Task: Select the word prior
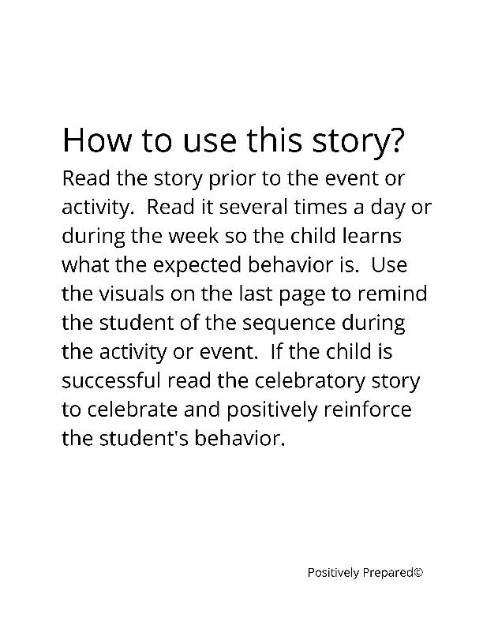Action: click(x=228, y=179)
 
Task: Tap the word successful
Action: click(x=111, y=381)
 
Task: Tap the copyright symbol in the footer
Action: click(x=418, y=572)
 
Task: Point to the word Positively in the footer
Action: click(x=333, y=573)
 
